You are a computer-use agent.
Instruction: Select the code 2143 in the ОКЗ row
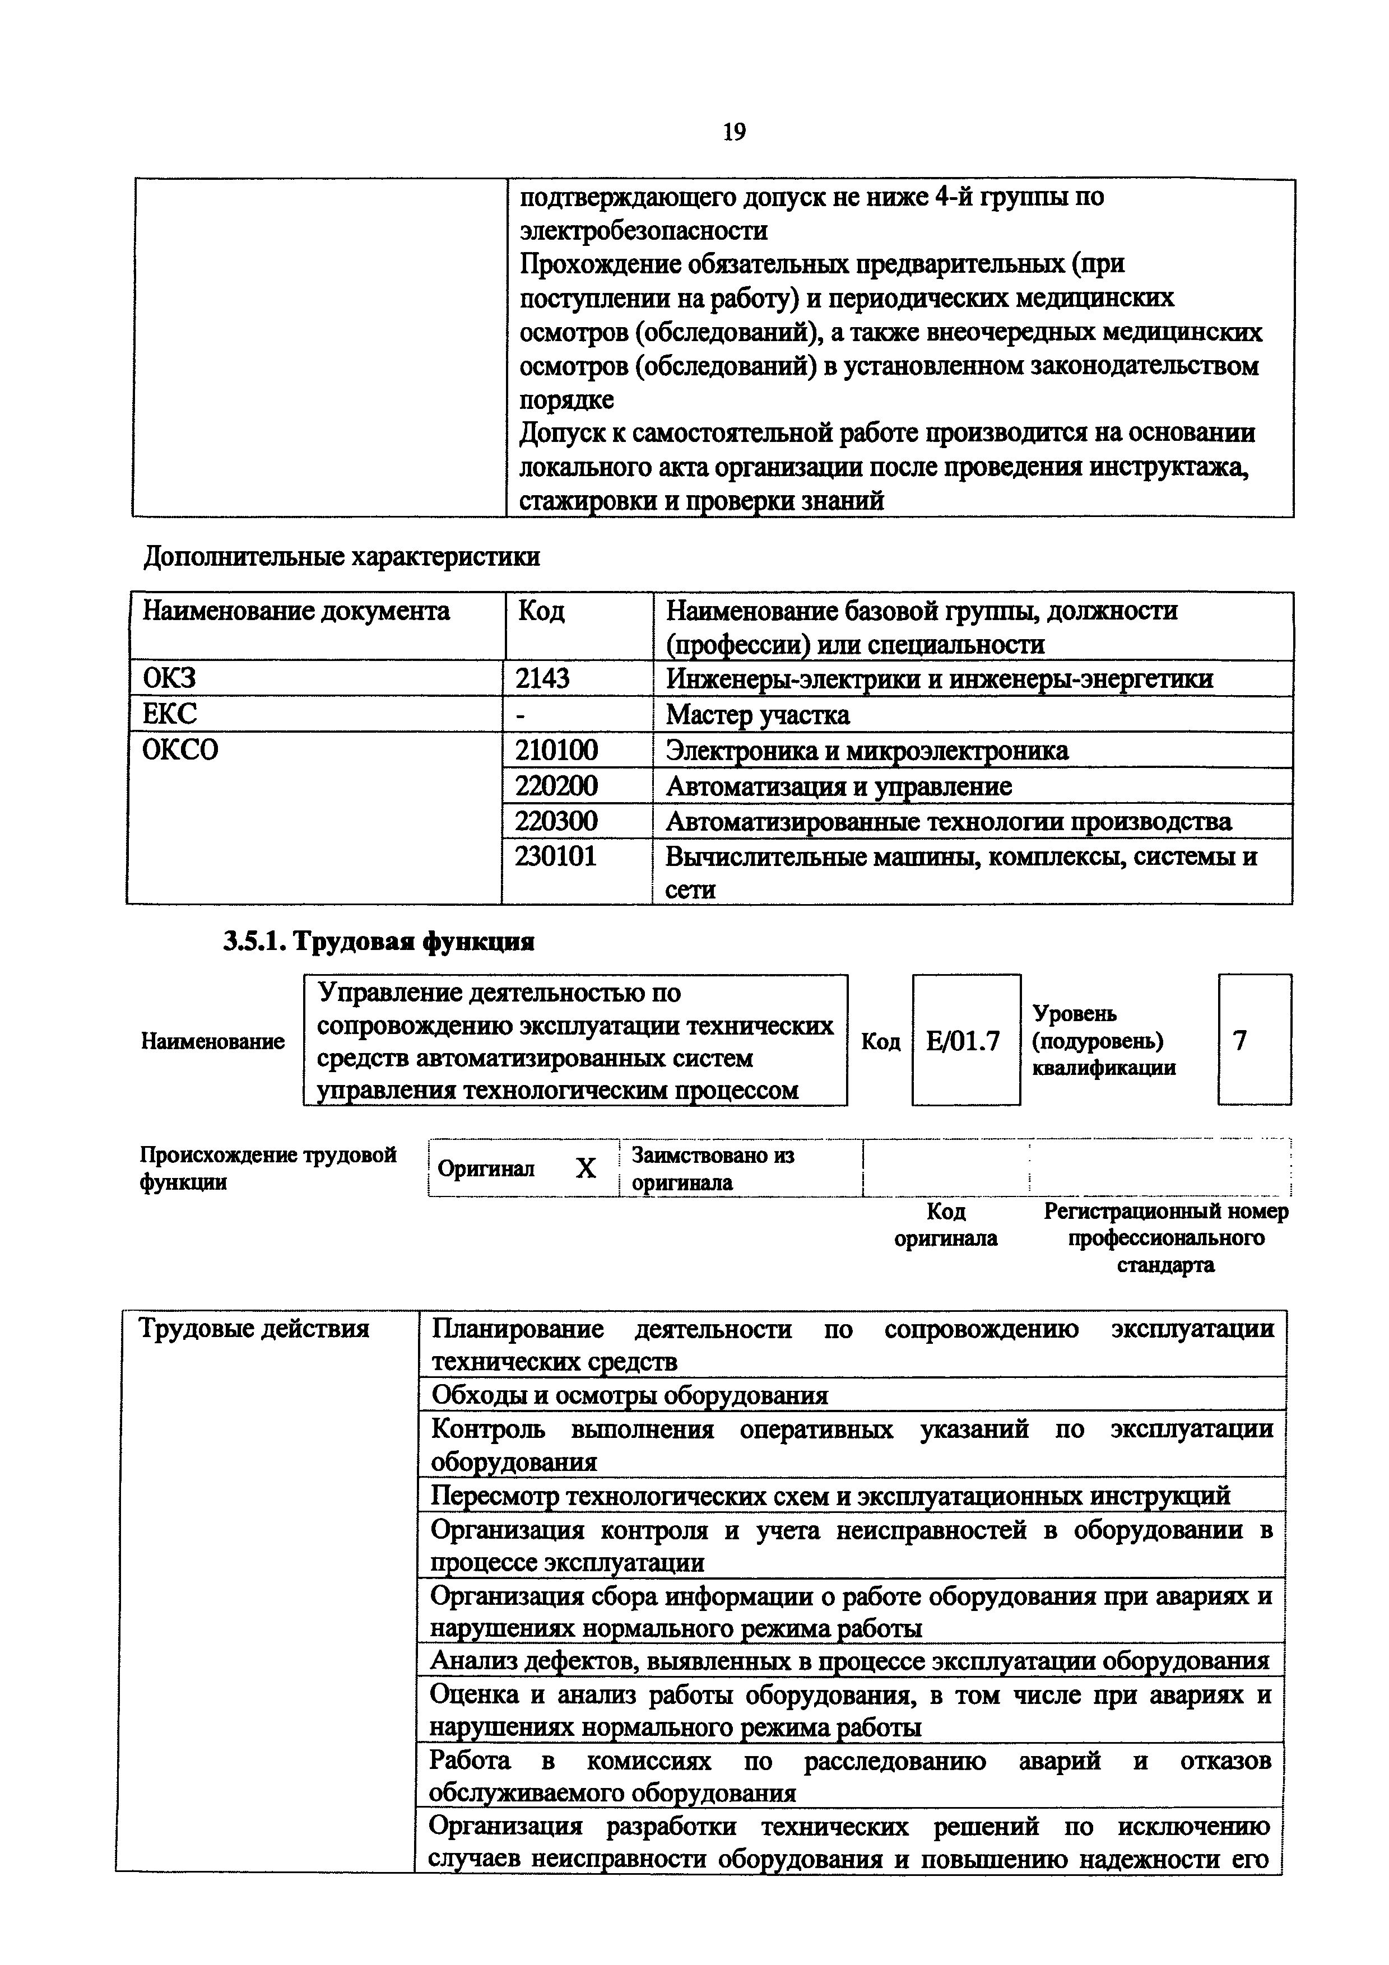click(x=542, y=679)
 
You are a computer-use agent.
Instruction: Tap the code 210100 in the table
click(x=556, y=751)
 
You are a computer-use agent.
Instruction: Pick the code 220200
click(x=556, y=786)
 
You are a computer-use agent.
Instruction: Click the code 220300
click(x=556, y=822)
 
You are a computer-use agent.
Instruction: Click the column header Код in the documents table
click(x=541, y=611)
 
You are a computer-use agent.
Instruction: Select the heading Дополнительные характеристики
click(x=341, y=557)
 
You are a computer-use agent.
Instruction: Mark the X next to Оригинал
click(x=586, y=1168)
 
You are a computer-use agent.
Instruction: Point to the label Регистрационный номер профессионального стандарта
click(x=1165, y=1237)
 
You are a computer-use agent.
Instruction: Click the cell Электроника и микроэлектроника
click(x=867, y=751)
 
